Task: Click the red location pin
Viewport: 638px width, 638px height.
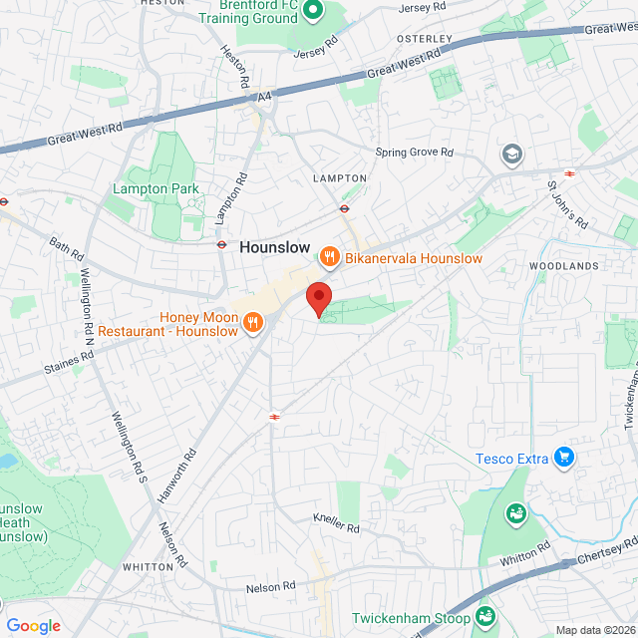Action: point(318,297)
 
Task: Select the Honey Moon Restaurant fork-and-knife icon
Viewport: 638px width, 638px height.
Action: point(252,322)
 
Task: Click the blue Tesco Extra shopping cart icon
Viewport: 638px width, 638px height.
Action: point(564,458)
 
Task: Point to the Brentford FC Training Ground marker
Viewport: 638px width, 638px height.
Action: point(313,11)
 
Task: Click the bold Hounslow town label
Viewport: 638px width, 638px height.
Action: point(274,247)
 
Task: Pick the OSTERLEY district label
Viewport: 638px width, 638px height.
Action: point(425,39)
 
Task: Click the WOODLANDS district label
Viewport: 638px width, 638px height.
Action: point(564,266)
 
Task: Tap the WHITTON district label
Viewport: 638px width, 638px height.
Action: point(148,565)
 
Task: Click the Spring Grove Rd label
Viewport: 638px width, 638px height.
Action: point(414,153)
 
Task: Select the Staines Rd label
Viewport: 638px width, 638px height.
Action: point(68,370)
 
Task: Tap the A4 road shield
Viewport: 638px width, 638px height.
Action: point(264,98)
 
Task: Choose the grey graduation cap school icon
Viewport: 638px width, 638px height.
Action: point(511,155)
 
